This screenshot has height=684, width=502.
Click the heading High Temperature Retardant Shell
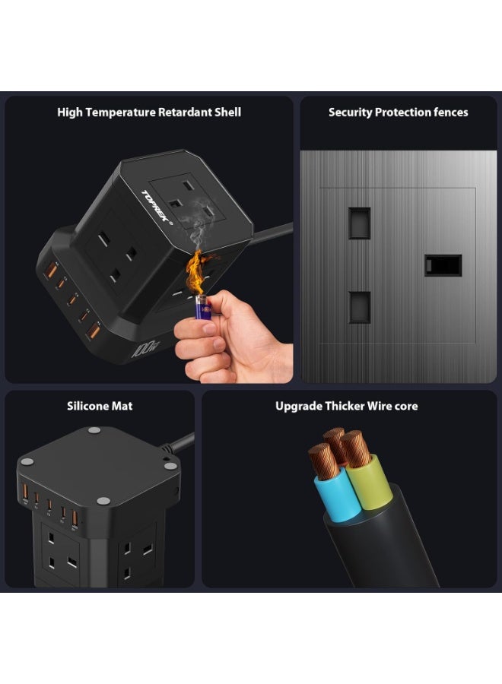149,112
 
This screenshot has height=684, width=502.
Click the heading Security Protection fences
398,112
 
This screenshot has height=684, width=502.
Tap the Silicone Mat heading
100,406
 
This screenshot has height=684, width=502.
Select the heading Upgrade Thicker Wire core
346,406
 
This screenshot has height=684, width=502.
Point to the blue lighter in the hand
202,309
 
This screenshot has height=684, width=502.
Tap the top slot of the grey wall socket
359,223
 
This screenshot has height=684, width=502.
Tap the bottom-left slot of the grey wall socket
359,307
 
